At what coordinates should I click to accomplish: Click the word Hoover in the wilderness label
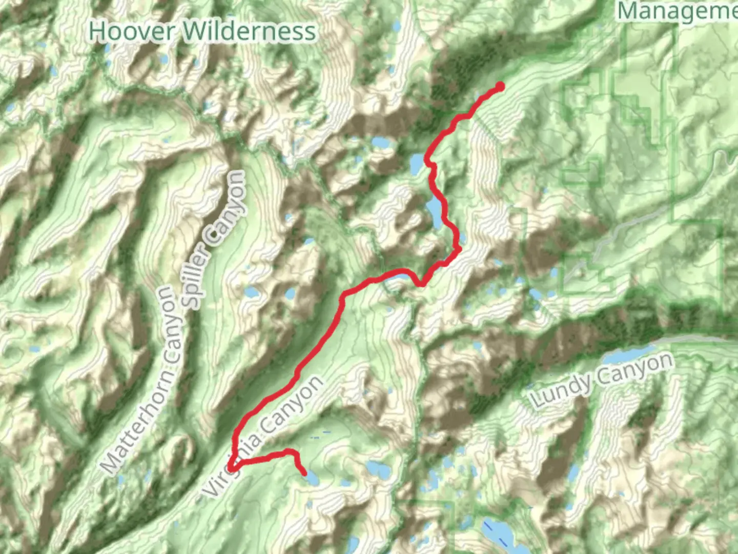[x=132, y=31]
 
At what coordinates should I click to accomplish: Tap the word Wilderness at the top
[x=249, y=31]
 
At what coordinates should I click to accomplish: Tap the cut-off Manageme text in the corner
[x=676, y=11]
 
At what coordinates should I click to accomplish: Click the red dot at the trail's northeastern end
[x=500, y=87]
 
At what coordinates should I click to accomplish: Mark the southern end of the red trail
[x=304, y=472]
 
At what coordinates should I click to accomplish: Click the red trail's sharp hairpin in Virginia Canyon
[x=232, y=468]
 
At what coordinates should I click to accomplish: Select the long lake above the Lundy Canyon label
[x=628, y=354]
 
